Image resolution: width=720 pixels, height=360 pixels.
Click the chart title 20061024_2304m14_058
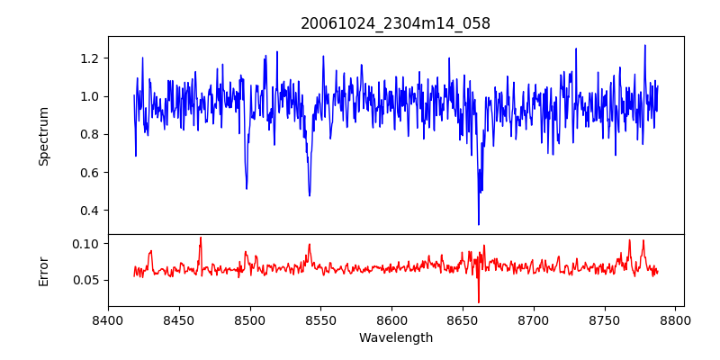tap(395, 23)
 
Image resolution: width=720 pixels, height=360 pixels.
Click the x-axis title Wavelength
tap(395, 337)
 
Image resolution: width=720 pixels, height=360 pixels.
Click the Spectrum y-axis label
tap(44, 136)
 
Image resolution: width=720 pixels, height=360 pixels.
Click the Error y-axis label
tap(44, 270)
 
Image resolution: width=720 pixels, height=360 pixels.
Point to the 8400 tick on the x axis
tap(108, 319)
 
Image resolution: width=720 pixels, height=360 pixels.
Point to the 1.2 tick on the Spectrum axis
tap(91, 58)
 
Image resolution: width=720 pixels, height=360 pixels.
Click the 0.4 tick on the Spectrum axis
tap(91, 211)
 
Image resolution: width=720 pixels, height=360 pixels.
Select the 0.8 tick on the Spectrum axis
tap(91, 135)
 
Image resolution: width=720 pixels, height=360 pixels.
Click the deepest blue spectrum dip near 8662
tap(479, 224)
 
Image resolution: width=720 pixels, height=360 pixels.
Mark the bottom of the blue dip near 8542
tap(310, 195)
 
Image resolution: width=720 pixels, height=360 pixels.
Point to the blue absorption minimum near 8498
tap(247, 188)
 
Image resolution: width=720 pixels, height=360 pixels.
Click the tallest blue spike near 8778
tap(644, 45)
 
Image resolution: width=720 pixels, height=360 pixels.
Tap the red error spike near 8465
tap(201, 238)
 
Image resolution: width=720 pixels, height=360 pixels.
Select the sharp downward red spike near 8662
tap(479, 301)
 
